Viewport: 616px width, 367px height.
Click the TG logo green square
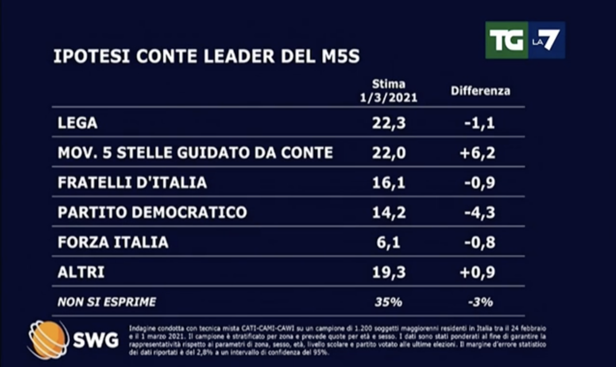[507, 40]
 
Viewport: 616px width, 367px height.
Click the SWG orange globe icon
[48, 339]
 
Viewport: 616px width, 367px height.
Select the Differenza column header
[480, 91]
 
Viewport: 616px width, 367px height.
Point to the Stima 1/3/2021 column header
[389, 91]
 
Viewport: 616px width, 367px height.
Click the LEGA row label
[78, 123]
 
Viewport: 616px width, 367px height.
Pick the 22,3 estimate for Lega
[389, 123]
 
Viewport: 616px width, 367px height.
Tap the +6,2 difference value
[478, 153]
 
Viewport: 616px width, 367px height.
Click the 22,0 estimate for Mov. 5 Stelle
[389, 153]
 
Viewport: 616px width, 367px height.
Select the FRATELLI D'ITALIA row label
[132, 182]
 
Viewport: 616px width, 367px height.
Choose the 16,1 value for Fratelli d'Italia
[389, 182]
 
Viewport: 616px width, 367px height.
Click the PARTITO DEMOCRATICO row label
[152, 212]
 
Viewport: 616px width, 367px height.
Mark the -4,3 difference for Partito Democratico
[480, 212]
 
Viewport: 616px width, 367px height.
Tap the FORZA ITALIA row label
[113, 242]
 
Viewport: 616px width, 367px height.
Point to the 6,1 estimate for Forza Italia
[389, 242]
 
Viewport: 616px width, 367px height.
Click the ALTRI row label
[81, 272]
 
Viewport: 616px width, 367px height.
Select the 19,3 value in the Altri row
[389, 272]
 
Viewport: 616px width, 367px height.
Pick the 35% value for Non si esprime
[389, 302]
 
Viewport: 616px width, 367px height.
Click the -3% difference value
[480, 302]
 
